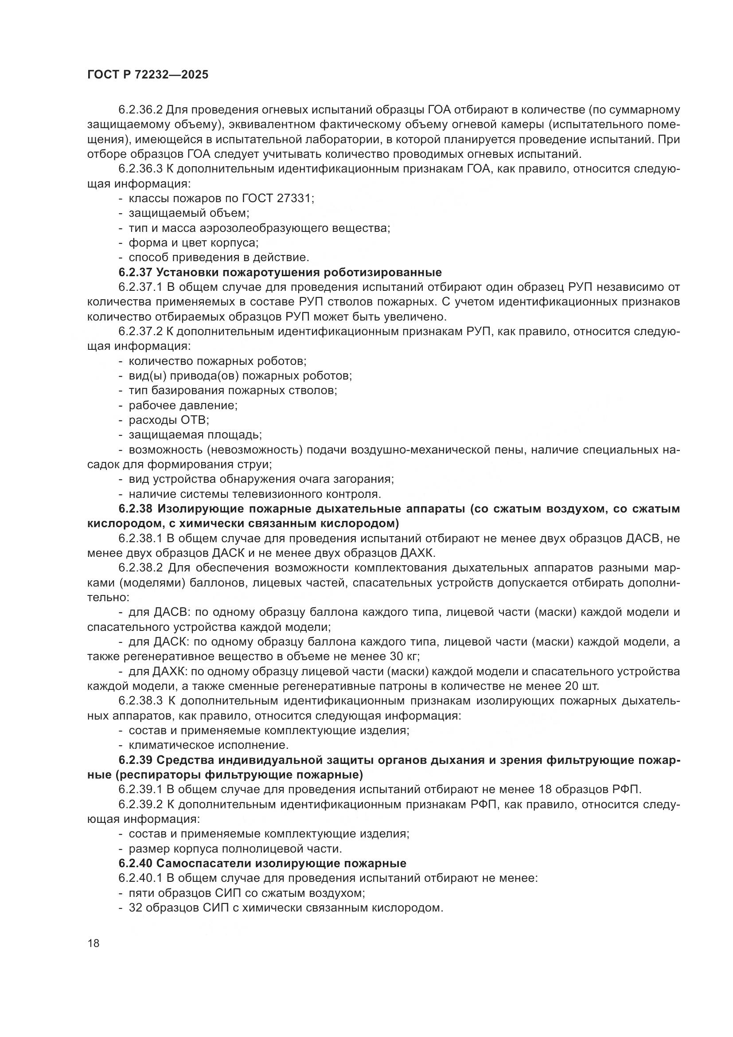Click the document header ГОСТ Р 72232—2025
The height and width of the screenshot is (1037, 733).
click(148, 75)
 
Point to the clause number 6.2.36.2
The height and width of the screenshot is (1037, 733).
click(140, 110)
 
